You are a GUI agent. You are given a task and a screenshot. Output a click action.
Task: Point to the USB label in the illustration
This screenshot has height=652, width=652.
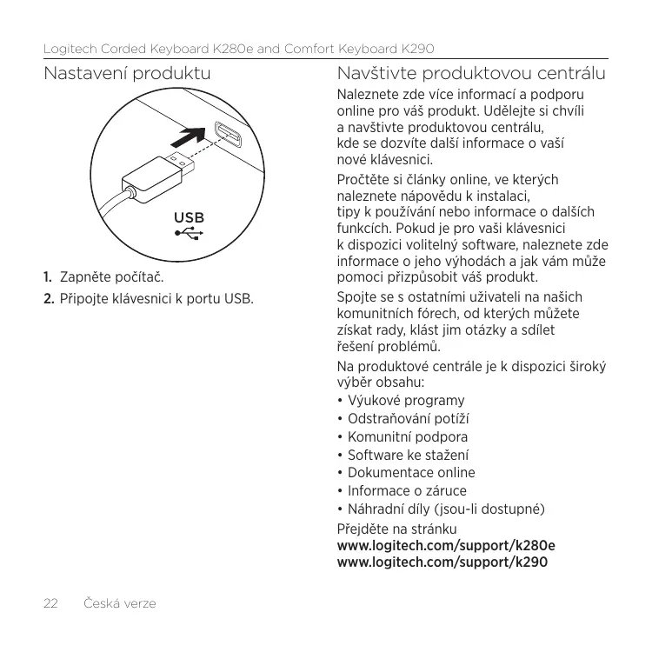point(190,217)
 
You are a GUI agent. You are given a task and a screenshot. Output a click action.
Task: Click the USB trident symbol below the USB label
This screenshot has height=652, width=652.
point(190,233)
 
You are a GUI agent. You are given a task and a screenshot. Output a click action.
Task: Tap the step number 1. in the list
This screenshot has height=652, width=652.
point(50,278)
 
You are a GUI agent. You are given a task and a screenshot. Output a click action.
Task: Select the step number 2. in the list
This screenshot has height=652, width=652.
point(50,300)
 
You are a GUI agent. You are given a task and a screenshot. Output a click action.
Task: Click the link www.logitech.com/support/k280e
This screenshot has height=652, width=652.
point(446,546)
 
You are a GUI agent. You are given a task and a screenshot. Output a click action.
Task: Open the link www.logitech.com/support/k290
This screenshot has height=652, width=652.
point(442,562)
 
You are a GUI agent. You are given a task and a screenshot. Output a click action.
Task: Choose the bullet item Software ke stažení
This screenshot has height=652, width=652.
point(408,455)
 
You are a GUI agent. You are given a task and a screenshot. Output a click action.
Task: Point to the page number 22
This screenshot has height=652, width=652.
point(51,602)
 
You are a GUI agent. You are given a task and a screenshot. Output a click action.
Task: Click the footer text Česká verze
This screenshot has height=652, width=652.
point(119,602)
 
